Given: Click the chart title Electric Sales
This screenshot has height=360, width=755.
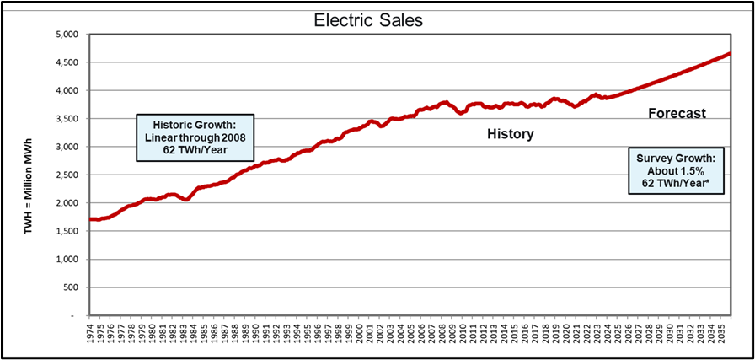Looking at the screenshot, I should pos(377,18).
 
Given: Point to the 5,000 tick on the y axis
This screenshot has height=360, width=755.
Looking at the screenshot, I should pos(64,35).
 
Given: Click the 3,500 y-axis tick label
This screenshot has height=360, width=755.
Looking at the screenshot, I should pos(64,119).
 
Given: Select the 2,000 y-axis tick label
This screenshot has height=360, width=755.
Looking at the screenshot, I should pos(64,203).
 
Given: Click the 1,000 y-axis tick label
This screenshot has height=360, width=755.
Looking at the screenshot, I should pos(64,260).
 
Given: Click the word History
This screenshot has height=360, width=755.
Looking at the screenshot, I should pos(511,134).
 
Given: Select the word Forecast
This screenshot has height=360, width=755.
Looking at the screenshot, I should pos(677,113).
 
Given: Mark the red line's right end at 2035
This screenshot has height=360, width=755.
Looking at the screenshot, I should pos(729,54).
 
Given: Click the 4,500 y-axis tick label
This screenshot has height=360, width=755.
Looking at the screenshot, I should pos(64,63).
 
